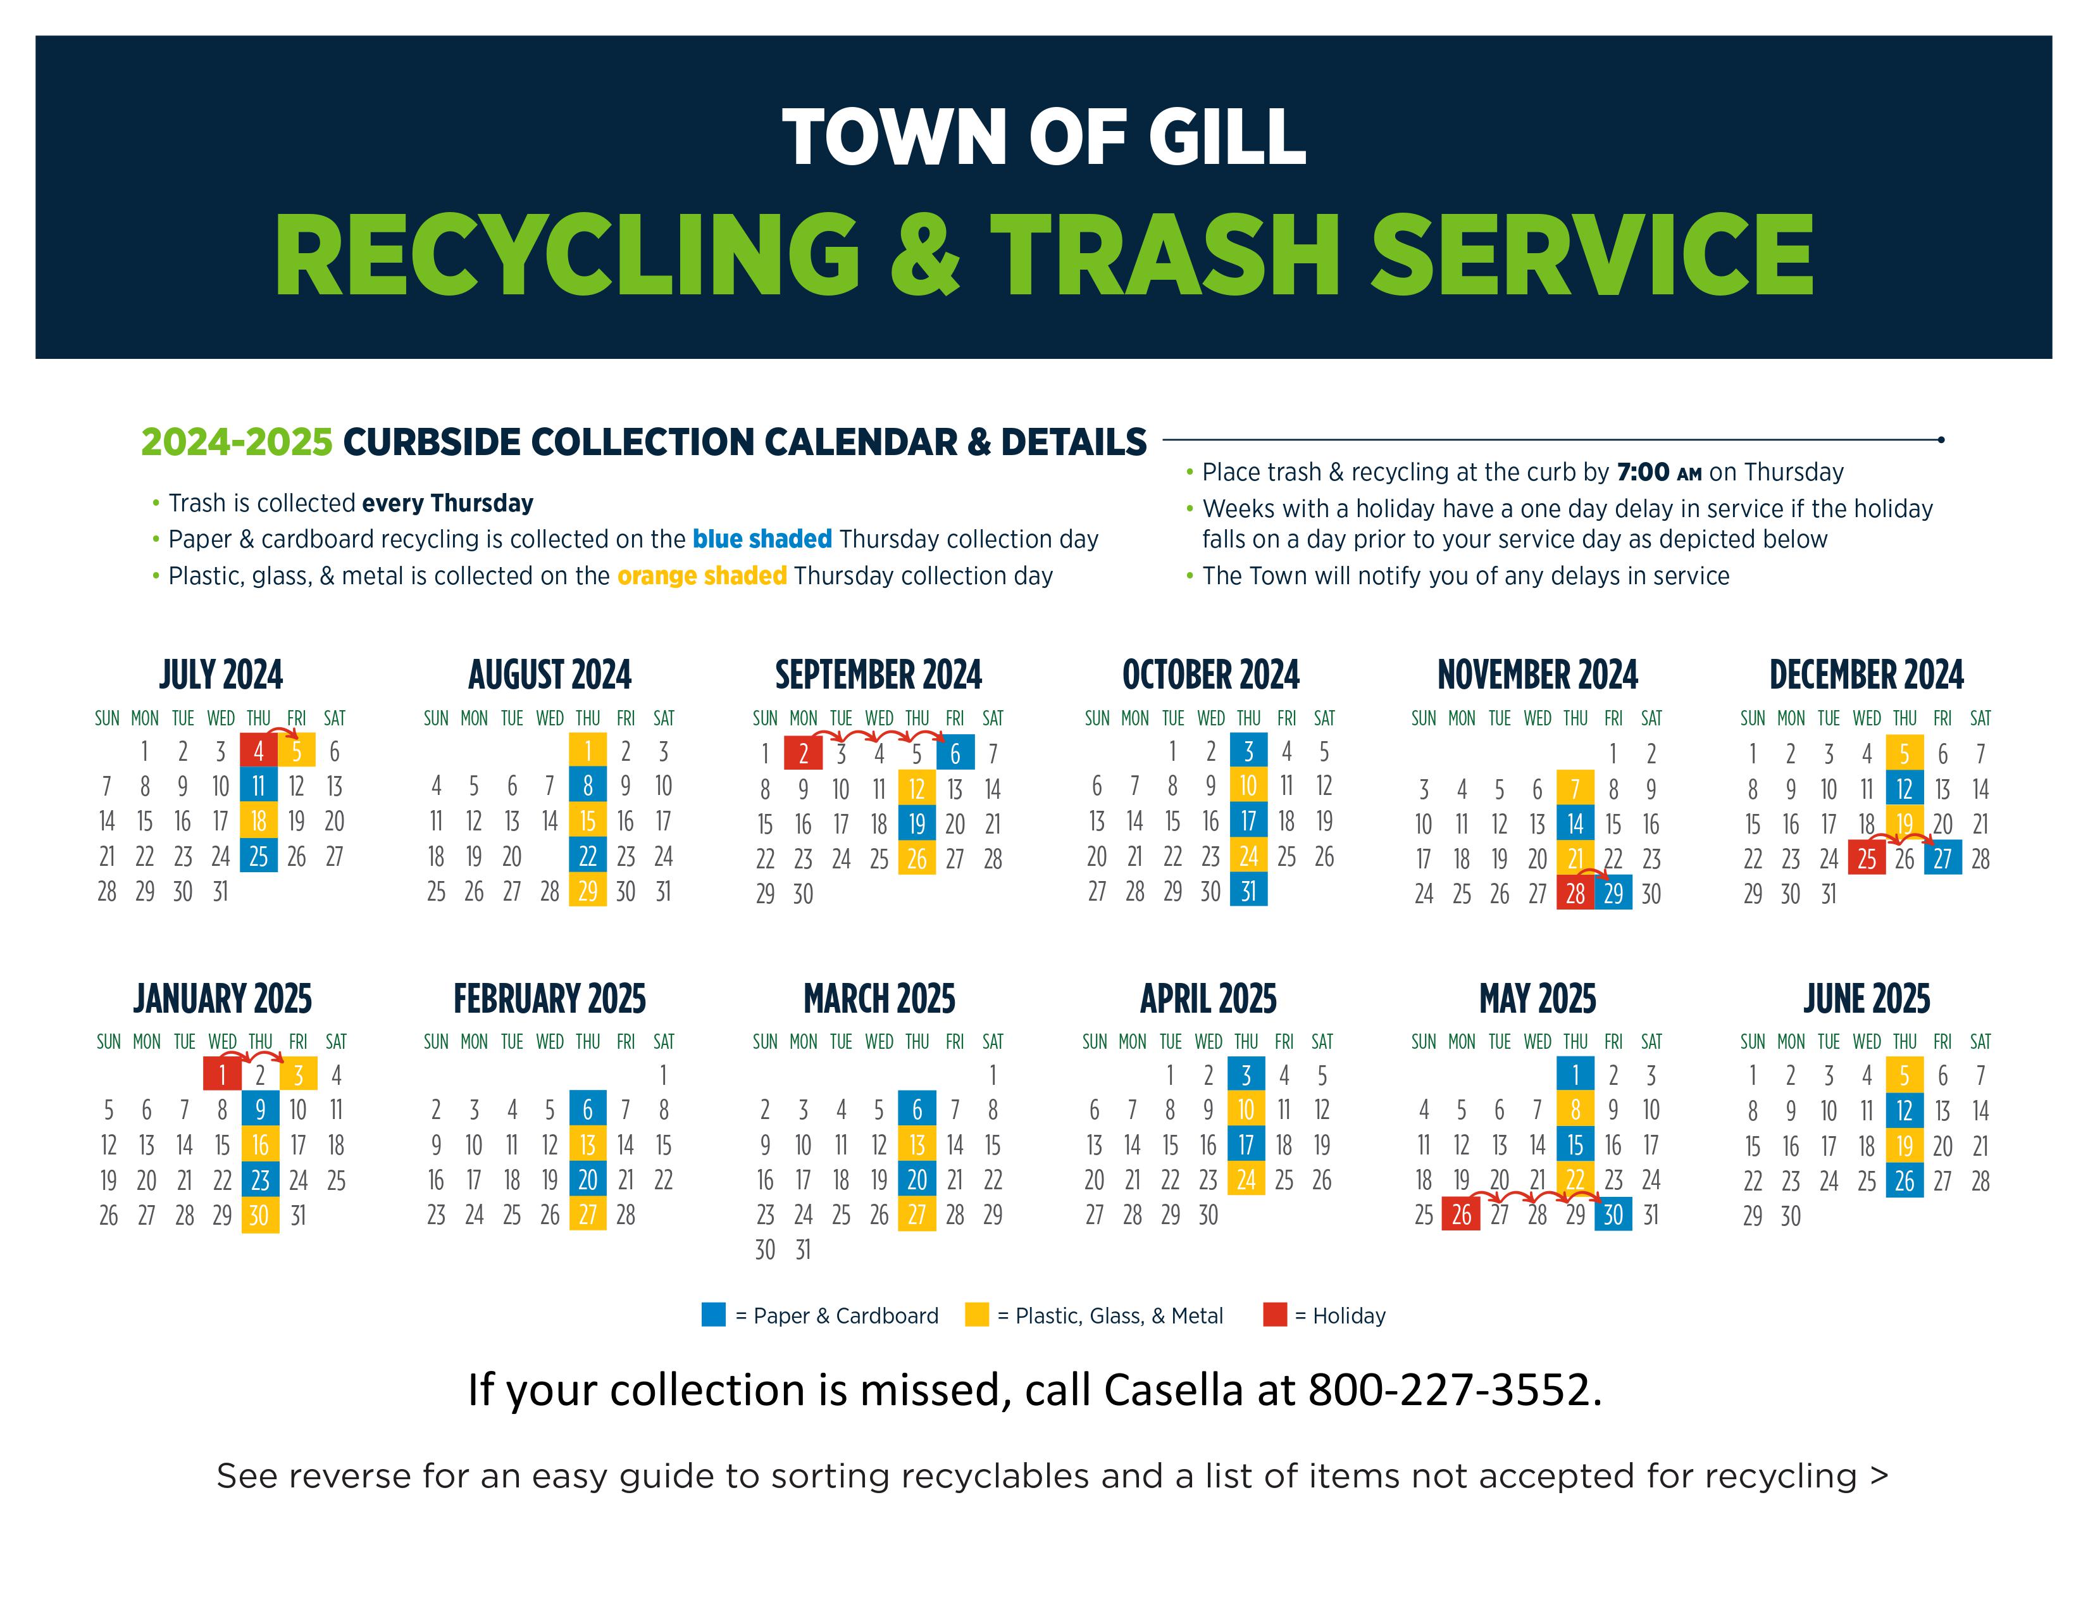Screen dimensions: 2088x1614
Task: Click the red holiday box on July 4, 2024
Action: pos(258,751)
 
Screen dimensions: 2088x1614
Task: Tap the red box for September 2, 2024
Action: pos(803,753)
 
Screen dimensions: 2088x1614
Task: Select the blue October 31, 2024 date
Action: pos(1248,890)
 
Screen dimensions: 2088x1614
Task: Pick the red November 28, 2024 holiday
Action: pos(1575,893)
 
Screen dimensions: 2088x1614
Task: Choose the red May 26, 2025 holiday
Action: pos(1461,1215)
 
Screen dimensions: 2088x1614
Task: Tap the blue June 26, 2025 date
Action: pos(1905,1181)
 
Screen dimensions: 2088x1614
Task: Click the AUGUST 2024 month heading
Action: pos(550,674)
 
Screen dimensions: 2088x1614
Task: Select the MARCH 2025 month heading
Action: pos(879,998)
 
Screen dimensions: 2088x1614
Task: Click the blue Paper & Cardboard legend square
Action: pos(713,1315)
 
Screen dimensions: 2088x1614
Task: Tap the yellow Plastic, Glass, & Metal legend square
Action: pos(976,1315)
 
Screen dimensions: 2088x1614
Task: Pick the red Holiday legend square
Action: pos(1274,1315)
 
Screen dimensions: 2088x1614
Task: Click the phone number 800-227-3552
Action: pos(1454,1389)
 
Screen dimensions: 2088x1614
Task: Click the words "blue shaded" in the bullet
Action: pos(762,539)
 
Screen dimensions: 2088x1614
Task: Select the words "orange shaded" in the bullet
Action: pos(702,575)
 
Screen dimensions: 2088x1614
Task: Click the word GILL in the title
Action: pos(1227,137)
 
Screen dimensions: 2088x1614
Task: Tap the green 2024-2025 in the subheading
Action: pos(236,442)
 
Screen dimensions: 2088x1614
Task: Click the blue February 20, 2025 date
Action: pos(588,1179)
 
